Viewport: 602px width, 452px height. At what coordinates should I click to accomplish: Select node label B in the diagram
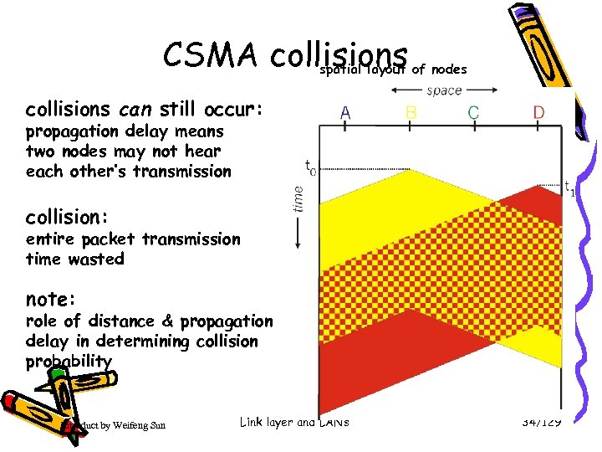(411, 110)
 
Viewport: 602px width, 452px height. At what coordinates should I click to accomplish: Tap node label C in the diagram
(473, 110)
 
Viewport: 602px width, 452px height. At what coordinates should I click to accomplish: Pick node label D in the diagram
(539, 110)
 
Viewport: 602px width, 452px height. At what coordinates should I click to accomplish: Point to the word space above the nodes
(444, 90)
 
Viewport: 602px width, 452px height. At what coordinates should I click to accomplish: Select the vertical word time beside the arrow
(299, 198)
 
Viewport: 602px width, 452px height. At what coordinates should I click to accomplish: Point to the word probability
(69, 361)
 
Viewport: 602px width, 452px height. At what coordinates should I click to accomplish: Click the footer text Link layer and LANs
(293, 422)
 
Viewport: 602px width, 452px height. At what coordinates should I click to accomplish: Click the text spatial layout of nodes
(393, 69)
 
